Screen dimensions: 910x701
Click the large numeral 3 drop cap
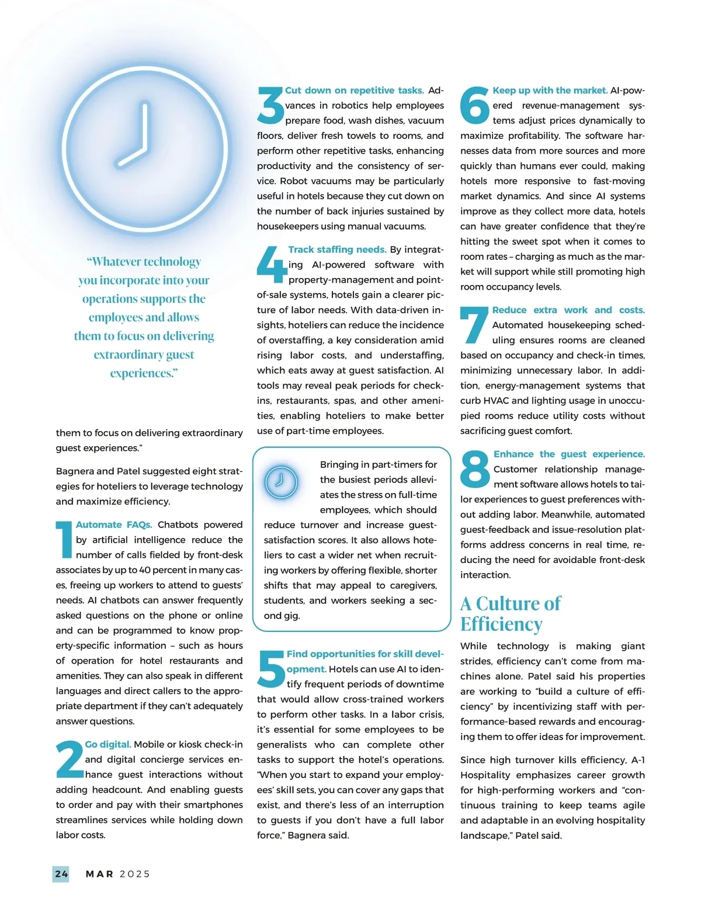(x=270, y=106)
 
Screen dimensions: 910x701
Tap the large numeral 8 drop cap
(x=475, y=470)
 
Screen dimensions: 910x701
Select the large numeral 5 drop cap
(x=271, y=669)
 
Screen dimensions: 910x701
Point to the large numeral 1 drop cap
(x=64, y=540)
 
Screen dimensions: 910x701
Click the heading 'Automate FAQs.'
(x=114, y=525)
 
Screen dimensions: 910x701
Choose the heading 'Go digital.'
(x=107, y=744)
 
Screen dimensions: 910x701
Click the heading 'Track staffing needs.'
(x=337, y=249)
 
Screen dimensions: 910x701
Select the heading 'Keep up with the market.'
(x=550, y=91)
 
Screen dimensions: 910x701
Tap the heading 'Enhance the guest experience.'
(x=569, y=454)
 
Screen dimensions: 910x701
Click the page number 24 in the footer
(x=61, y=874)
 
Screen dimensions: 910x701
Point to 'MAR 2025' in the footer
(x=118, y=874)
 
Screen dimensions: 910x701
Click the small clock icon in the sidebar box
(x=281, y=482)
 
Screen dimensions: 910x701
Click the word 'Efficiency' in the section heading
(x=501, y=624)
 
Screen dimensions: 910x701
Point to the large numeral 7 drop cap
(x=474, y=325)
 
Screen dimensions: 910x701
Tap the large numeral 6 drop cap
(x=474, y=106)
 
